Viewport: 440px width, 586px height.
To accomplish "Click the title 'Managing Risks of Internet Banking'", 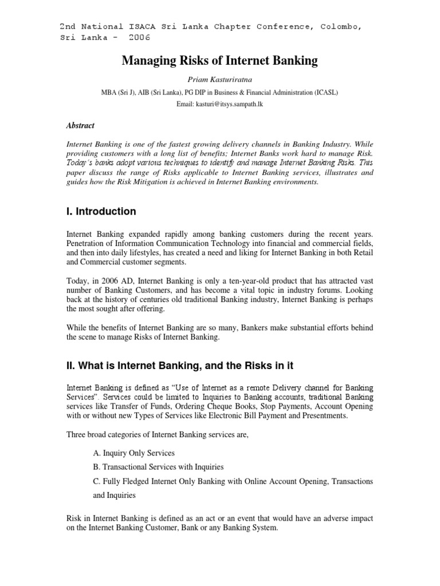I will coord(219,61).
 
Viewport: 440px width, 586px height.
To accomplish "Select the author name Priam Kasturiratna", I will coord(219,82).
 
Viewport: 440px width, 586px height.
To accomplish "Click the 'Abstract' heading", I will coord(81,126).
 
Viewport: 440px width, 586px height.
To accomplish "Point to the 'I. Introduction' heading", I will coord(101,211).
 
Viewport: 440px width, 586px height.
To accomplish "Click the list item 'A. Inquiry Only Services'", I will coord(133,453).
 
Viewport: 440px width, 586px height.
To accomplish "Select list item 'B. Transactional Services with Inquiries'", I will coord(158,467).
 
